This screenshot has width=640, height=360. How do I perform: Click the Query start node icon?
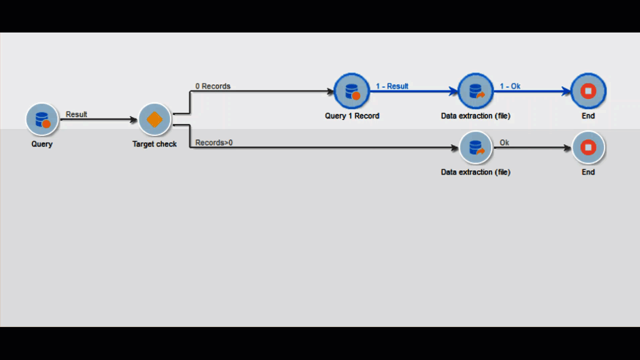[x=42, y=119]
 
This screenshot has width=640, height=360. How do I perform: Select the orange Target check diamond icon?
[x=154, y=119]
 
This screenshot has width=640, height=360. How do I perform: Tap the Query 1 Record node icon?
[x=351, y=91]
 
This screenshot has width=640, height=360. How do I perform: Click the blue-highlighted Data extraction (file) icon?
[x=475, y=91]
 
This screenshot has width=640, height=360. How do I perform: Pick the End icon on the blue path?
[x=588, y=91]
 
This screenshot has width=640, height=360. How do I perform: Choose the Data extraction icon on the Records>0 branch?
[x=475, y=147]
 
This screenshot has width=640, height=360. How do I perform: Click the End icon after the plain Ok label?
[x=588, y=147]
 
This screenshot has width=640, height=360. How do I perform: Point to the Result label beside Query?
[x=76, y=114]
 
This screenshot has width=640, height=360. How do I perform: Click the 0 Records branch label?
[x=212, y=86]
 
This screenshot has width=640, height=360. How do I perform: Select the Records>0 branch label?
[x=213, y=142]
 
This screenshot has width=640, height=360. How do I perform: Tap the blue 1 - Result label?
[x=392, y=86]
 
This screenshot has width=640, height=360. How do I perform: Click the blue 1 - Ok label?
[x=510, y=86]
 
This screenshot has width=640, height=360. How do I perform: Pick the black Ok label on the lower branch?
[x=504, y=142]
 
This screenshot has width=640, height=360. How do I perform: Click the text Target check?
[x=154, y=144]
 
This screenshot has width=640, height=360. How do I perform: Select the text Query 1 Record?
[x=352, y=115]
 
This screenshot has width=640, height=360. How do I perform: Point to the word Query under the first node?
[x=42, y=144]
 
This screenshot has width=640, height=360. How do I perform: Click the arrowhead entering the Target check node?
[x=133, y=119]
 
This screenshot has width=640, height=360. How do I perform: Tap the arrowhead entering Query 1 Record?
[x=330, y=91]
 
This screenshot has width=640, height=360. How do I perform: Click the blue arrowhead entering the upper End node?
[x=566, y=91]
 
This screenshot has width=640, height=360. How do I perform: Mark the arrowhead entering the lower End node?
[x=567, y=148]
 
